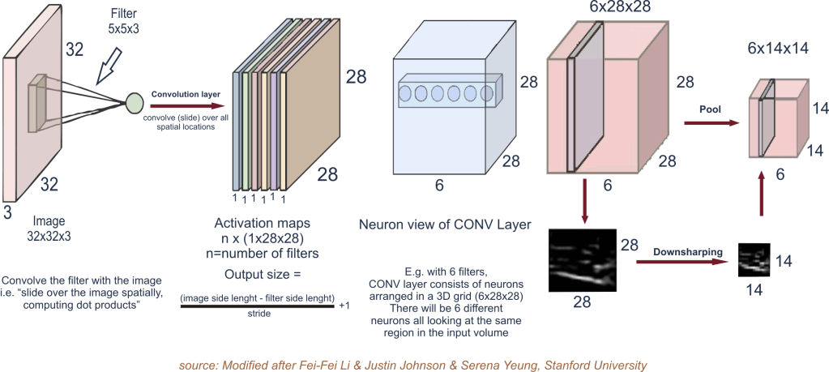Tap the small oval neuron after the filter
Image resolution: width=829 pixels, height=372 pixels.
tap(135, 104)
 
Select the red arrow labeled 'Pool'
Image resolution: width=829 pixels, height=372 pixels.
tap(712, 123)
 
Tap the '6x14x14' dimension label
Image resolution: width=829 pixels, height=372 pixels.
tap(766, 49)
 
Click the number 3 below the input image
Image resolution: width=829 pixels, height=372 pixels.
tap(8, 212)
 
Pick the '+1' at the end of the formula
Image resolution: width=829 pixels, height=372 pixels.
tap(344, 307)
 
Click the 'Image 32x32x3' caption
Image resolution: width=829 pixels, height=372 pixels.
tap(49, 226)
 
